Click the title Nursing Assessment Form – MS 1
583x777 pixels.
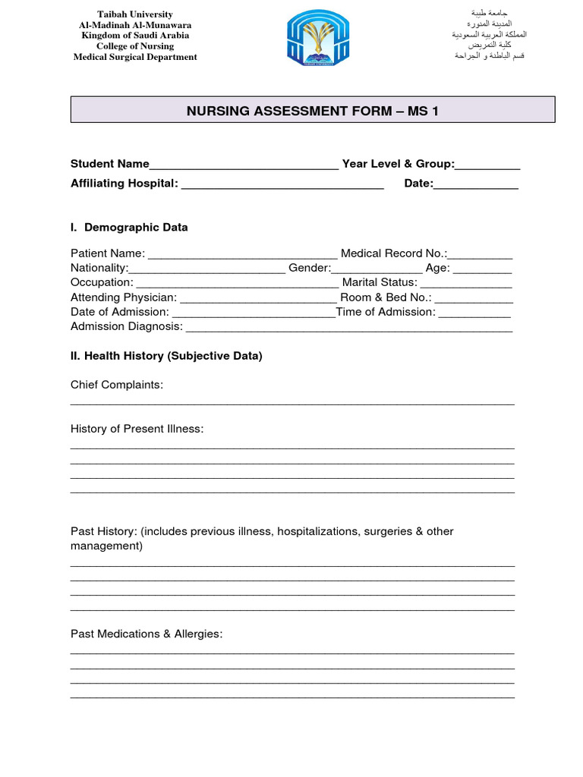pyautogui.click(x=313, y=112)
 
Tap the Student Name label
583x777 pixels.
pyautogui.click(x=110, y=164)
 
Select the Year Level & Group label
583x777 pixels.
pyautogui.click(x=398, y=164)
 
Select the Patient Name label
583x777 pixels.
pyautogui.click(x=107, y=253)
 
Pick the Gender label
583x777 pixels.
pyautogui.click(x=309, y=268)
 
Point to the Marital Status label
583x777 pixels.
pyautogui.click(x=380, y=282)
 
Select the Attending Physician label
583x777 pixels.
pyautogui.click(x=123, y=297)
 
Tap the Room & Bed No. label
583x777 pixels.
pyautogui.click(x=386, y=297)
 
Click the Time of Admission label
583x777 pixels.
pyautogui.click(x=386, y=312)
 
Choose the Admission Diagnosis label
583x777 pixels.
pyautogui.click(x=127, y=326)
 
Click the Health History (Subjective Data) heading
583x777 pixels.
pyautogui.click(x=166, y=356)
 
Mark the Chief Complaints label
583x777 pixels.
pyautogui.click(x=117, y=385)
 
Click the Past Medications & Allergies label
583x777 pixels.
pyautogui.click(x=147, y=634)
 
